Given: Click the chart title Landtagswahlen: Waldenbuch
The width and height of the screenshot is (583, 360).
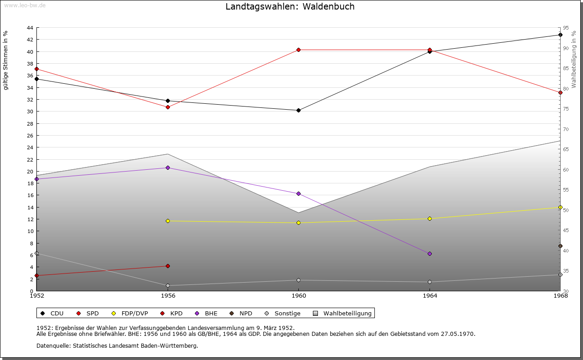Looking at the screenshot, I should (290, 7).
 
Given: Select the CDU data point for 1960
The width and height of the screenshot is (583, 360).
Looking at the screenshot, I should (298, 110).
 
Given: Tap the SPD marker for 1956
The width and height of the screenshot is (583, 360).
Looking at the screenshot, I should (168, 107).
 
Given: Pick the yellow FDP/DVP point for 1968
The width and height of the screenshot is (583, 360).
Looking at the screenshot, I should (560, 207).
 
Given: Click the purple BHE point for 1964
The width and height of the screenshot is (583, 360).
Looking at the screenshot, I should (430, 254).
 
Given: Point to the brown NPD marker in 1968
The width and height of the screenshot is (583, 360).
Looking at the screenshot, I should (560, 246).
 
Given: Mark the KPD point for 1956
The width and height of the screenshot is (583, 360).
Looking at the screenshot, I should (168, 266).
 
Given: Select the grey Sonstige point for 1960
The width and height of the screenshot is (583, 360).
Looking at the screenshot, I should (298, 280).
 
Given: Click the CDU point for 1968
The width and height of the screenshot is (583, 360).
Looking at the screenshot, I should (560, 35).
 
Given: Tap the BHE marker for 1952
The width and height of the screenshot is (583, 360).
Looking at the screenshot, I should (36, 179).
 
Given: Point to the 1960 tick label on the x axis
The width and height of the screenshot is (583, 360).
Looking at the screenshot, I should (298, 296).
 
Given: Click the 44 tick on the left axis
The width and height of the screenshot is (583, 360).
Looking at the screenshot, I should (30, 28).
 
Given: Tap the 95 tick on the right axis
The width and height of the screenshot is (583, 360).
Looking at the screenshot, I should (565, 28).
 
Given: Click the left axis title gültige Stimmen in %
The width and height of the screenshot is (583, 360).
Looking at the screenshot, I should (6, 60).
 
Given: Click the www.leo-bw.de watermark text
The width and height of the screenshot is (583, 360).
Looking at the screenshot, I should (24, 5).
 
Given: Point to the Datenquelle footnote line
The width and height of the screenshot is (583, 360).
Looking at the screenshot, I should (117, 345).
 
